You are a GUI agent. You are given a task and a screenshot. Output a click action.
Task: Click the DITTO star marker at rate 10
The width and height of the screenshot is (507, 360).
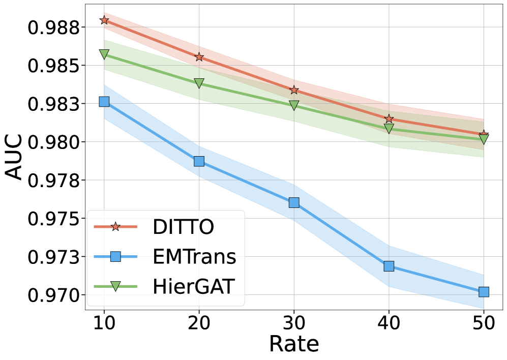(104, 20)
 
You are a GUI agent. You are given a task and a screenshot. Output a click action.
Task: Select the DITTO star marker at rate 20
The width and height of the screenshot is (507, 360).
(199, 57)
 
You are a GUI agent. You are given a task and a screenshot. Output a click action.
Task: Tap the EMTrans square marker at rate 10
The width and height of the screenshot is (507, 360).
(104, 102)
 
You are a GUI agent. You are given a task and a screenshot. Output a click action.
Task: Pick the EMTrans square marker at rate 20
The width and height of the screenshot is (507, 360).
(199, 161)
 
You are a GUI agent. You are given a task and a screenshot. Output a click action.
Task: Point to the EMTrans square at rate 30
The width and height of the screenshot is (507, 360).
(294, 202)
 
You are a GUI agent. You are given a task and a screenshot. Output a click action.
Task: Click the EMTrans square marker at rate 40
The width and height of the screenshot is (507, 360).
(389, 266)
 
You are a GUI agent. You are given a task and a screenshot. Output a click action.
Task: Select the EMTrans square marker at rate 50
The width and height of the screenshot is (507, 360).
(484, 291)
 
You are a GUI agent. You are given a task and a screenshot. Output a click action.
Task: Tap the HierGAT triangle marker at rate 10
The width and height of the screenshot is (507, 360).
(104, 54)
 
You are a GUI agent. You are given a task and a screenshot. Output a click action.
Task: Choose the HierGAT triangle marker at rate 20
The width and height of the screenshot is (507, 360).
(199, 83)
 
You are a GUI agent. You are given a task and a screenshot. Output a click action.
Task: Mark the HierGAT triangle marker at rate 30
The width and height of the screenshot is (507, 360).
(294, 105)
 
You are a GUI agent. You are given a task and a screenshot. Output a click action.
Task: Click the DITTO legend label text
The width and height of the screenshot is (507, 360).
(183, 227)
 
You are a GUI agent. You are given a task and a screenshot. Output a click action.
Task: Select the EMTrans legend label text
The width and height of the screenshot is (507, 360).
(194, 257)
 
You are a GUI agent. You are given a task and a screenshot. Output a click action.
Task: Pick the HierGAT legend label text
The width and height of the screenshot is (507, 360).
(194, 286)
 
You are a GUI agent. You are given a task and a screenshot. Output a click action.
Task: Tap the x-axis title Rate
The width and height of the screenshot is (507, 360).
(294, 344)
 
